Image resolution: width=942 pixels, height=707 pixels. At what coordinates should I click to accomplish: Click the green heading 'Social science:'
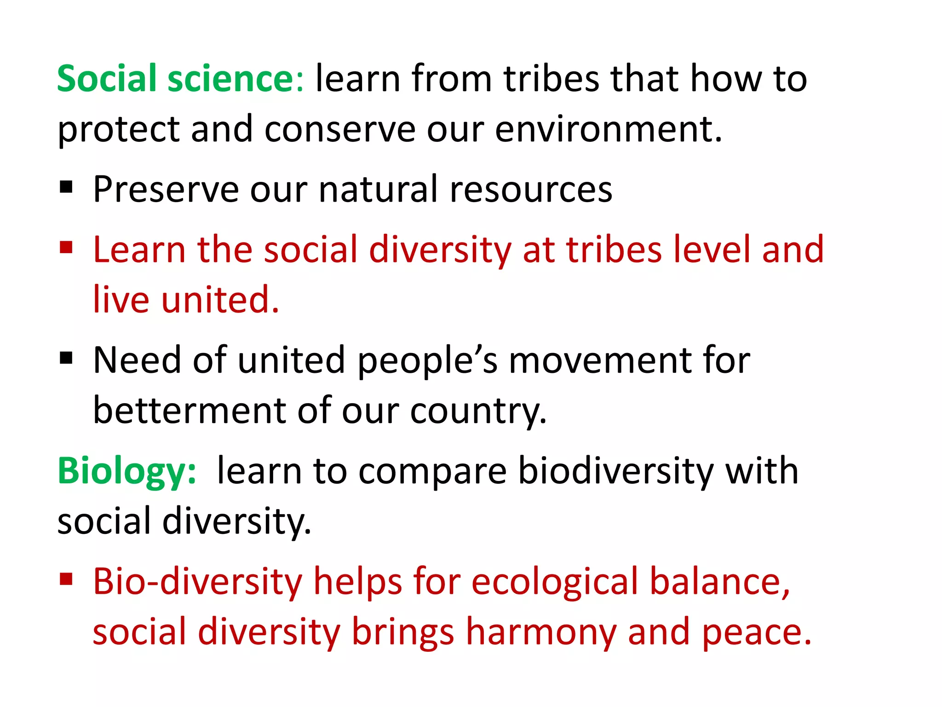click(180, 79)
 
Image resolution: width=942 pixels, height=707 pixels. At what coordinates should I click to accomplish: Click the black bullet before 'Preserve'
click(66, 187)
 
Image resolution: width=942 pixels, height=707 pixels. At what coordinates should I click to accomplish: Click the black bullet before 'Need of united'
click(66, 358)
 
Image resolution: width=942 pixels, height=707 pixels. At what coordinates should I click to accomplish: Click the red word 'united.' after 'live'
click(220, 300)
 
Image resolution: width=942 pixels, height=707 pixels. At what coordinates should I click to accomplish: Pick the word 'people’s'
click(427, 360)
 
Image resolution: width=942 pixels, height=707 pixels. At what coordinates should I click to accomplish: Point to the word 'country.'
click(478, 411)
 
